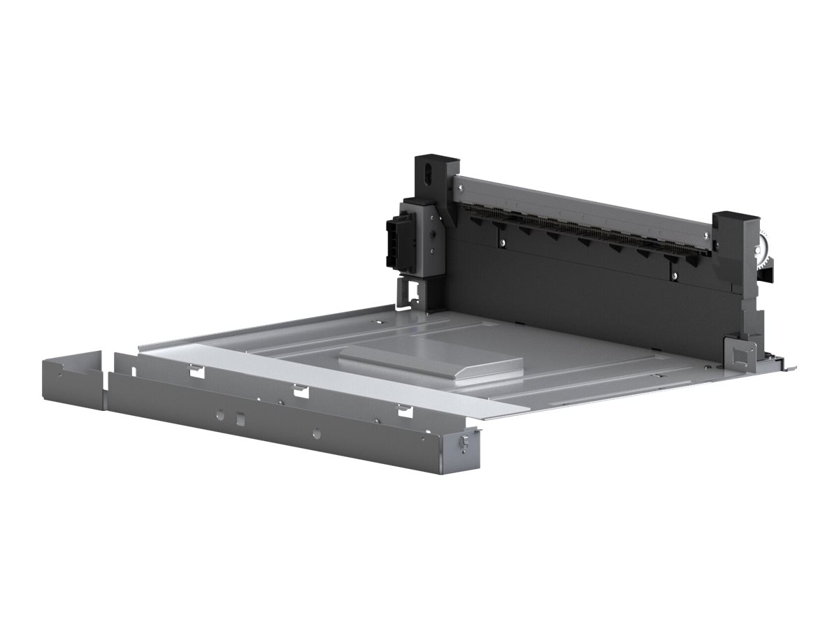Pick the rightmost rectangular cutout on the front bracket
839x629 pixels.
click(x=405, y=410)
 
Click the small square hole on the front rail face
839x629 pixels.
click(x=240, y=419)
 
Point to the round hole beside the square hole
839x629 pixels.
click(x=220, y=415)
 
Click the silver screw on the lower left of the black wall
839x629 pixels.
click(x=503, y=243)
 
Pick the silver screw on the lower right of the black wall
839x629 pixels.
click(x=674, y=276)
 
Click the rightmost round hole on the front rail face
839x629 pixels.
click(x=317, y=433)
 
